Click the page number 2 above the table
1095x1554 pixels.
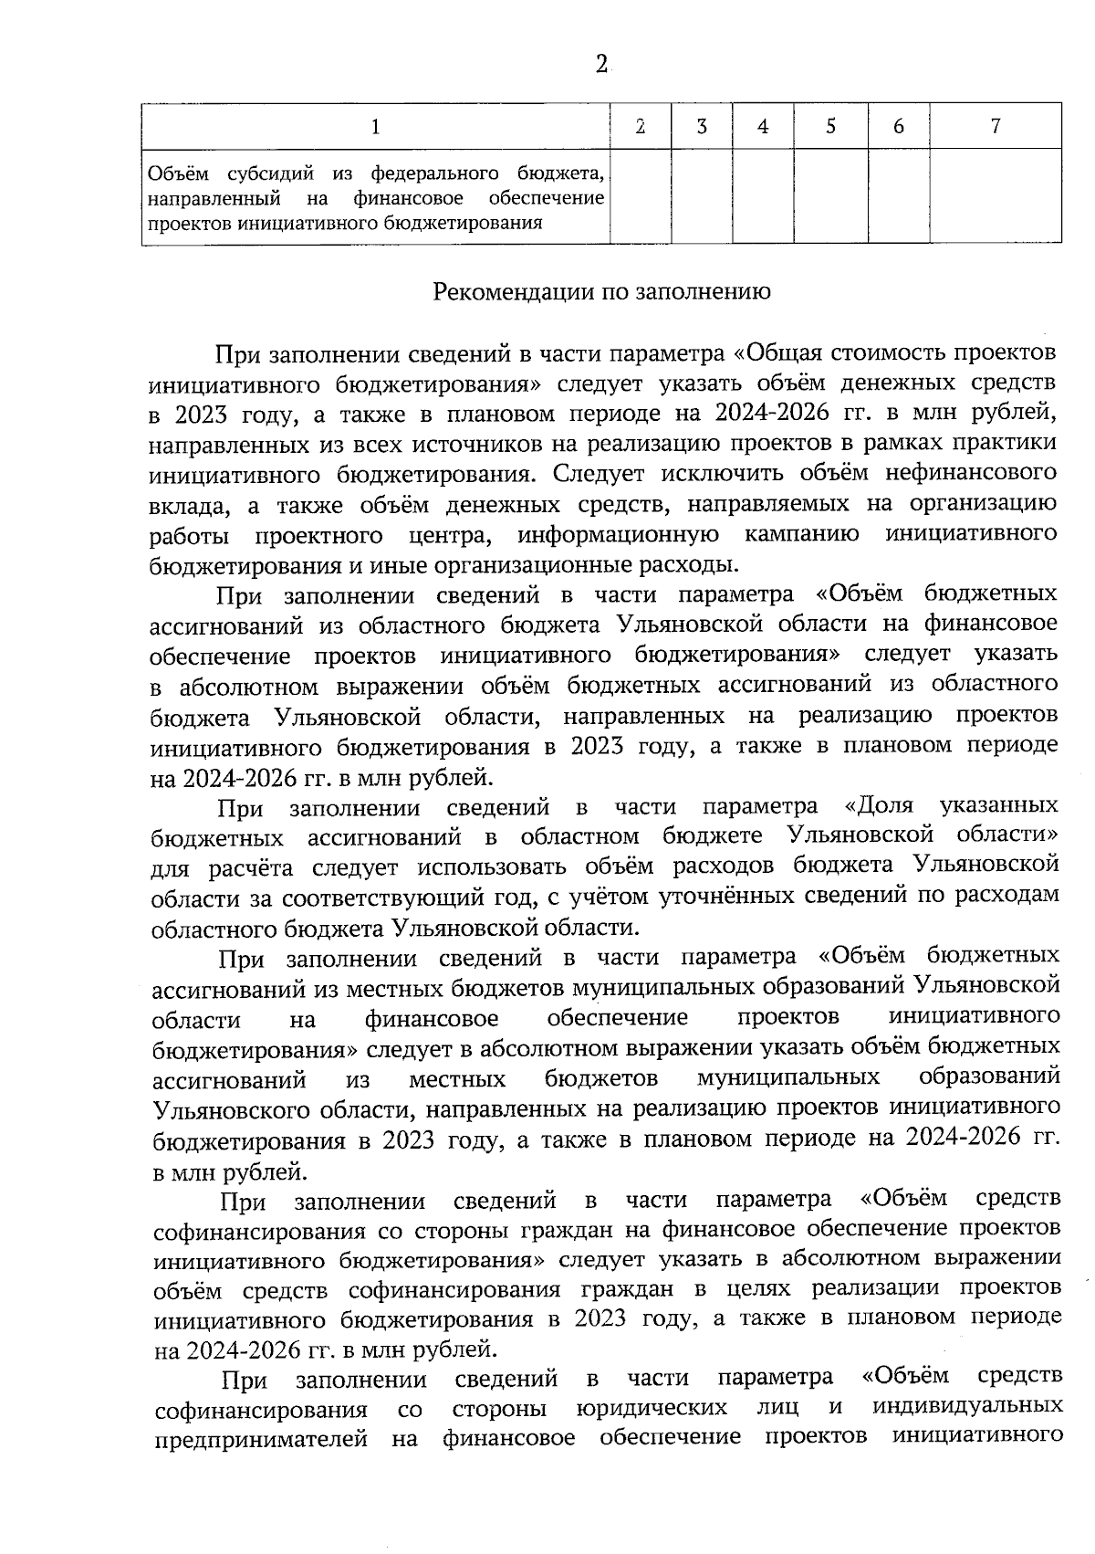601,65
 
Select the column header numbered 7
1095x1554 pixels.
995,127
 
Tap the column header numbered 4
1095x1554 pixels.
763,127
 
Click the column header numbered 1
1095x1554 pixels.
376,127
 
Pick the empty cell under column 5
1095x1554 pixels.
830,195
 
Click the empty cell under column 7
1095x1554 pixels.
995,195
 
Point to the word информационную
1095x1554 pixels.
618,534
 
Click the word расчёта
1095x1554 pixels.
251,866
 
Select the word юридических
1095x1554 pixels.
653,1409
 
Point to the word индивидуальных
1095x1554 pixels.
967,1409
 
